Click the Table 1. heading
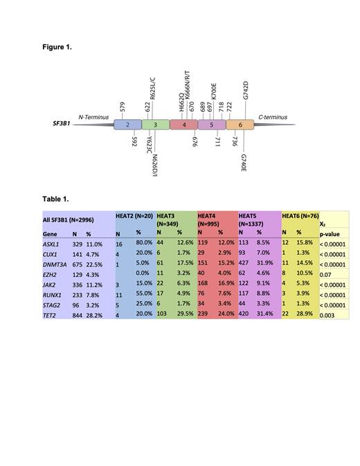click(x=55, y=199)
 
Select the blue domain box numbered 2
click(x=127, y=125)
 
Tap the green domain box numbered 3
click(x=156, y=125)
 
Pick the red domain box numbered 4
click(x=183, y=125)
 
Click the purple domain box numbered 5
click(x=211, y=125)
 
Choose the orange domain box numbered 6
click(x=240, y=125)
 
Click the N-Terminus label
click(x=93, y=118)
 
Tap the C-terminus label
click(x=273, y=118)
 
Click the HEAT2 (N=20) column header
click(x=135, y=216)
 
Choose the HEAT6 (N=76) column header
click(x=299, y=216)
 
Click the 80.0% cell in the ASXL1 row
click(x=144, y=244)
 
